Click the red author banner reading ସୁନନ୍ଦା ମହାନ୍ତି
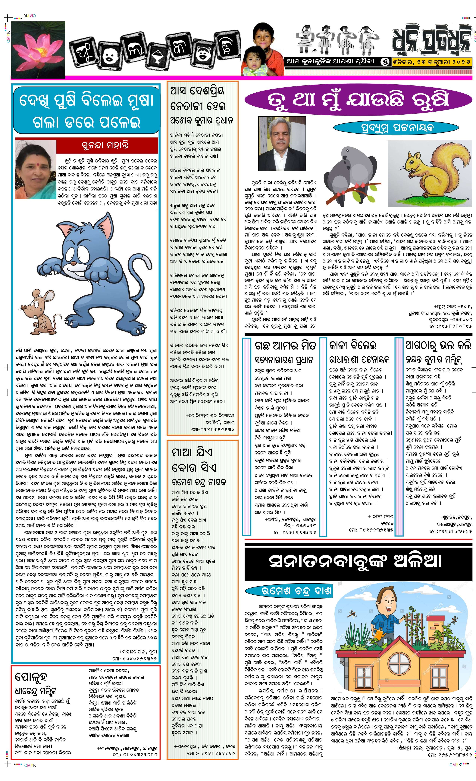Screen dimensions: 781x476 click(x=107, y=145)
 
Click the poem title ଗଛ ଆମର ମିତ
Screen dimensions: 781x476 click(x=285, y=345)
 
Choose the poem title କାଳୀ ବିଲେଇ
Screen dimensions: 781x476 click(x=353, y=345)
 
